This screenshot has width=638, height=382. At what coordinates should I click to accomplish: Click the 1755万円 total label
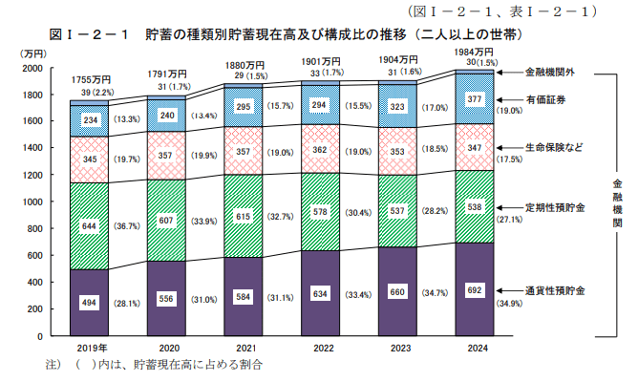[x=93, y=79]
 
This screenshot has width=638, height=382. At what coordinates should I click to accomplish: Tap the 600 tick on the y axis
[x=36, y=256]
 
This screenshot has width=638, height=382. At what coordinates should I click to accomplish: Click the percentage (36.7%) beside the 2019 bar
[x=126, y=226]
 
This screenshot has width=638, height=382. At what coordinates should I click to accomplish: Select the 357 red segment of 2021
[x=244, y=151]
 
